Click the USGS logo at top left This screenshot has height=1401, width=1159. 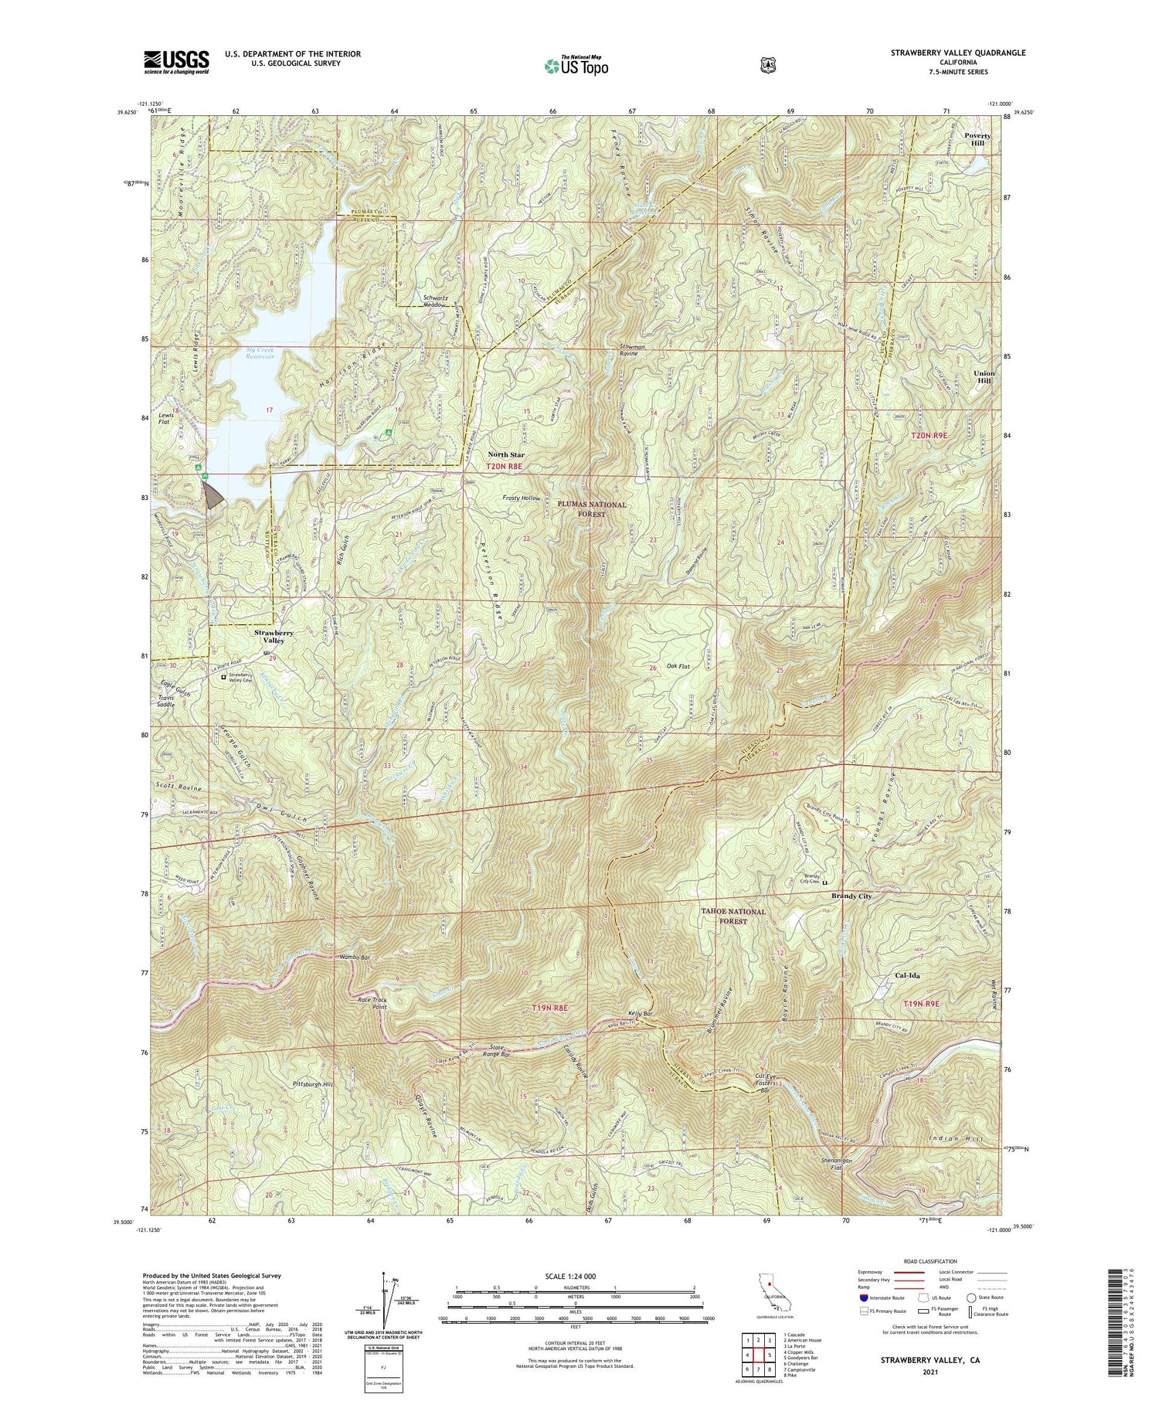tap(175, 62)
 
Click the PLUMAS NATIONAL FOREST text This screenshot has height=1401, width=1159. tap(591, 508)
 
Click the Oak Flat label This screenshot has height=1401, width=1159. tap(675, 665)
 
